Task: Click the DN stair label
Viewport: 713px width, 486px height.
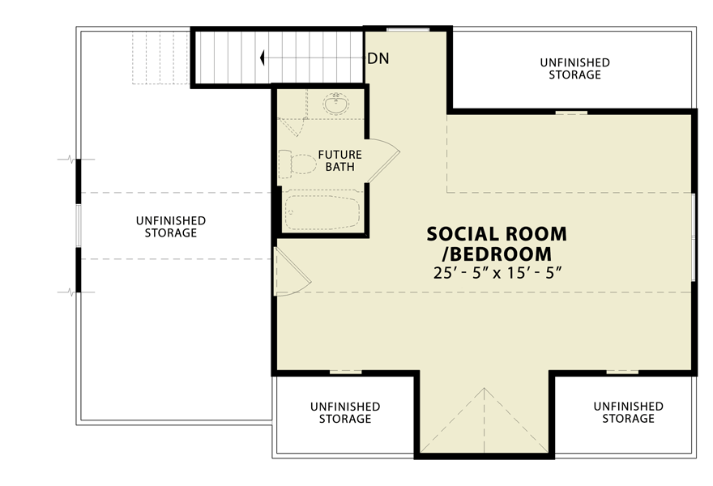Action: pyautogui.click(x=377, y=58)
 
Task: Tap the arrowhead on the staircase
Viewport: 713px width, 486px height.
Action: pyautogui.click(x=263, y=58)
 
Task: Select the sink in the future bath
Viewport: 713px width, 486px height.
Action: pyautogui.click(x=335, y=104)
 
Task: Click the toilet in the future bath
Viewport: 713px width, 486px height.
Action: pyautogui.click(x=296, y=164)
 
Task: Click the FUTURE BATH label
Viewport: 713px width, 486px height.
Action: pyautogui.click(x=339, y=161)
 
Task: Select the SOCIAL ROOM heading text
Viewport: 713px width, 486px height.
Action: pyautogui.click(x=497, y=234)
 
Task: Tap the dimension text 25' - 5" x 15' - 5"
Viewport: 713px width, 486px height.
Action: pyautogui.click(x=497, y=272)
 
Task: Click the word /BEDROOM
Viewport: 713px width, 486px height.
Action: pyautogui.click(x=497, y=254)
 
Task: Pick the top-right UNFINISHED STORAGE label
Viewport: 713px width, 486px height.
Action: pyautogui.click(x=574, y=69)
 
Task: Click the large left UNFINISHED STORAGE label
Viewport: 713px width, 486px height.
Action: pyautogui.click(x=170, y=227)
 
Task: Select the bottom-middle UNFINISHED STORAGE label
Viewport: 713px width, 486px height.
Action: pyautogui.click(x=345, y=412)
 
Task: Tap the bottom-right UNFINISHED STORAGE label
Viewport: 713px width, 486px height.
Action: pyautogui.click(x=628, y=412)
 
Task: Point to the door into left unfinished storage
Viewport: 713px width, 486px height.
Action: pyautogui.click(x=290, y=271)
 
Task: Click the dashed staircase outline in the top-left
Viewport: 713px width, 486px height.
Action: pyautogui.click(x=160, y=57)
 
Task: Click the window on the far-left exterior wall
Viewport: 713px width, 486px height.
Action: pyautogui.click(x=79, y=224)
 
